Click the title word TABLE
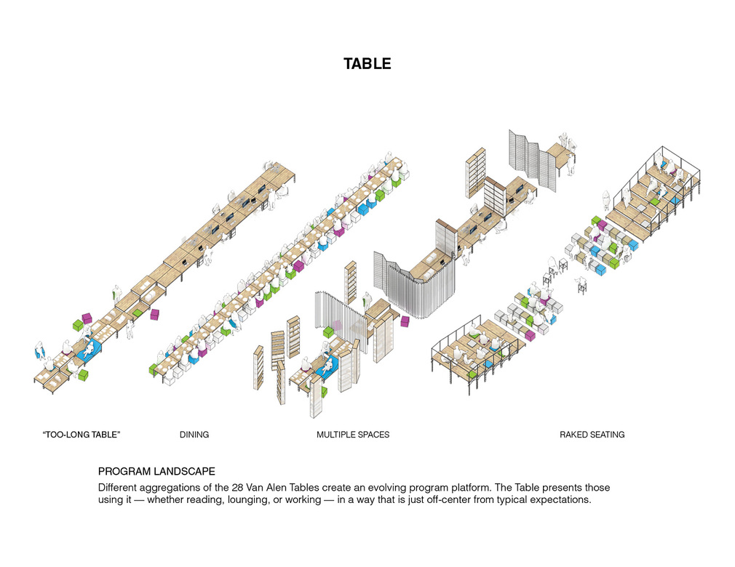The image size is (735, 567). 367,64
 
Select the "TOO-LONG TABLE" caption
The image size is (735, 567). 81,435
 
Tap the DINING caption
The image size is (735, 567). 194,435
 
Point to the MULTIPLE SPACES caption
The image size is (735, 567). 353,435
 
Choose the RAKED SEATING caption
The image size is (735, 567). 592,435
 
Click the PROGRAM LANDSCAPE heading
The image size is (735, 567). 156,472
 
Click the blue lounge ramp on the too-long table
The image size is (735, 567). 90,350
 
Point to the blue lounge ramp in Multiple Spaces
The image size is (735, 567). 327,365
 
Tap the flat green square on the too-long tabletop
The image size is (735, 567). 139,313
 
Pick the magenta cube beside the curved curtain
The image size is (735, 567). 405,321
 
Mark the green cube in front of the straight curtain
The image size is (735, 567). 329,332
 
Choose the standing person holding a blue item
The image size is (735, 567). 40,349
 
